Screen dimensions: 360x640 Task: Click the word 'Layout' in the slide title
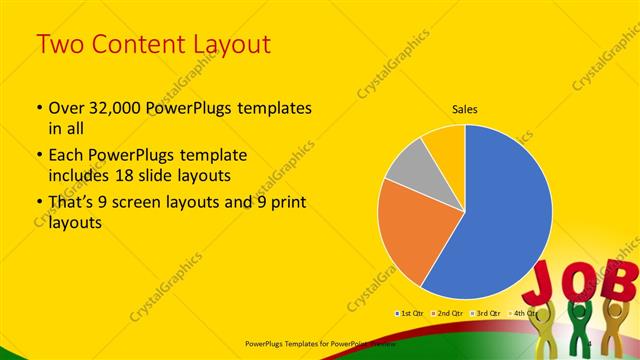(229, 44)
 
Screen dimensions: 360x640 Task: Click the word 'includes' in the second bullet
(81, 174)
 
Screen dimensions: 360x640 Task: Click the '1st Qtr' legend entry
(410, 314)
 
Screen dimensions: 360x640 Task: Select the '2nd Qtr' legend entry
(447, 314)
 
